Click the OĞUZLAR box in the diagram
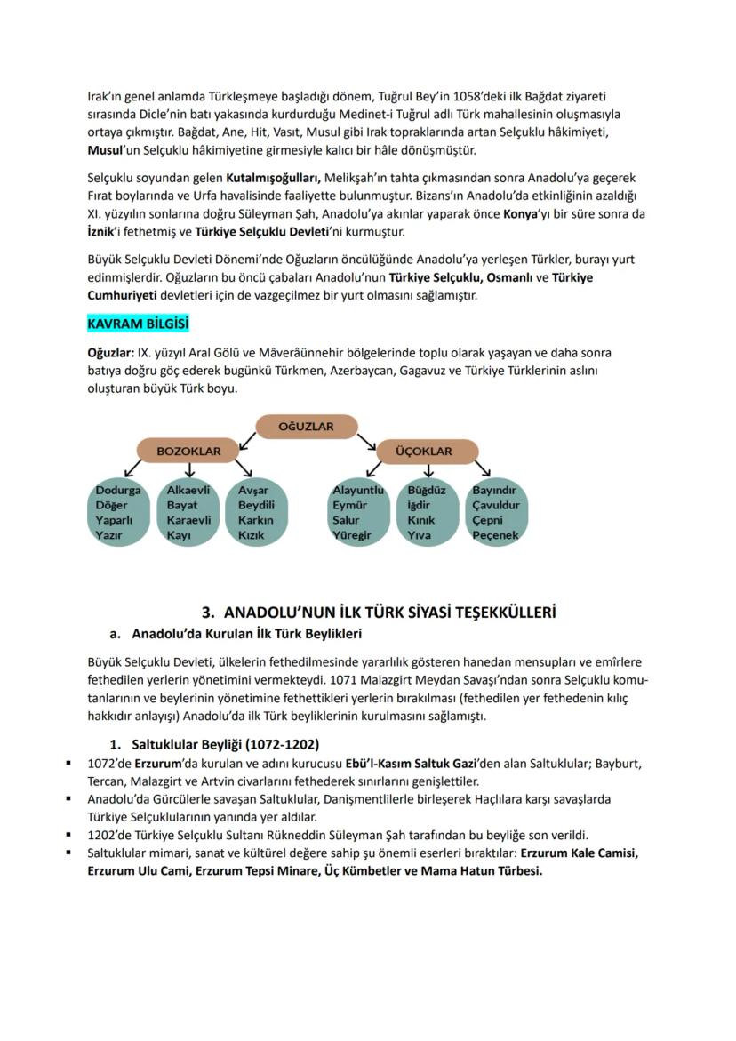click(307, 427)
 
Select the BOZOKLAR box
click(188, 452)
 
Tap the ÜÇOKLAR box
click(425, 452)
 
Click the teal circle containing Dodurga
click(119, 513)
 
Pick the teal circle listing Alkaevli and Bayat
click(188, 513)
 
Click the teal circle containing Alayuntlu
click(357, 513)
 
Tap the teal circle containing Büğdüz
click(427, 513)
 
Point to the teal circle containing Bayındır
click(495, 513)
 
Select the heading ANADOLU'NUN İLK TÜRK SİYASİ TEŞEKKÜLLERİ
click(379, 613)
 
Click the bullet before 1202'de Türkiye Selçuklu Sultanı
click(68, 835)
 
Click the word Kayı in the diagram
click(179, 535)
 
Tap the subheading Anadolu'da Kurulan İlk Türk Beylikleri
click(246, 634)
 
